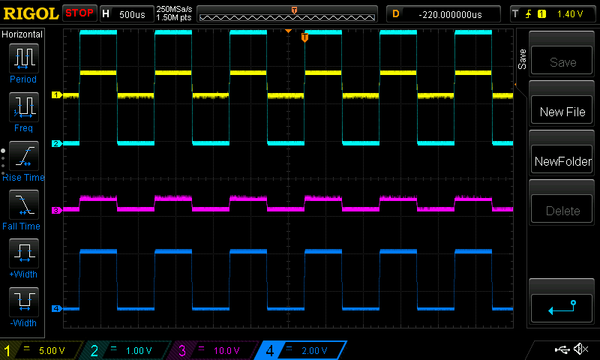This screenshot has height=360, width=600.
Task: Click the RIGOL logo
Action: click(x=31, y=13)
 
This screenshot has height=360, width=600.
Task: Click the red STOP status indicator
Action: click(x=79, y=13)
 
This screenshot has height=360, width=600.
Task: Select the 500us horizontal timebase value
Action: click(x=132, y=14)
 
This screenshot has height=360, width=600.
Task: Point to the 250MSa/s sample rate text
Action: click(x=174, y=9)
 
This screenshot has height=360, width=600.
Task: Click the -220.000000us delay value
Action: click(x=450, y=14)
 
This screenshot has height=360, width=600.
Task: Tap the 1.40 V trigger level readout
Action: click(x=570, y=14)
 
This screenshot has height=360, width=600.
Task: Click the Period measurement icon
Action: click(x=24, y=58)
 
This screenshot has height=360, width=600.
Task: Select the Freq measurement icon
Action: click(x=24, y=106)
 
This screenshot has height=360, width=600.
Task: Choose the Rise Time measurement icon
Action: click(x=24, y=156)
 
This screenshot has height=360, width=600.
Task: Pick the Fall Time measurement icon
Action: click(x=24, y=204)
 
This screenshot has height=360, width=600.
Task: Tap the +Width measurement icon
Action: click(x=24, y=253)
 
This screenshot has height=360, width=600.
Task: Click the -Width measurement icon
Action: click(x=24, y=301)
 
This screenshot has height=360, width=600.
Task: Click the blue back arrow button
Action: click(x=562, y=308)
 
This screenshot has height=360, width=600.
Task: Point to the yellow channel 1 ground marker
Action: click(x=57, y=95)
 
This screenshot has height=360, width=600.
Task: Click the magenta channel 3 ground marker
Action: click(x=57, y=211)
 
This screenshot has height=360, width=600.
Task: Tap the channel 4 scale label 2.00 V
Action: click(x=314, y=350)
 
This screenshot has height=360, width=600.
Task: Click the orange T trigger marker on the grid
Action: click(x=304, y=37)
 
